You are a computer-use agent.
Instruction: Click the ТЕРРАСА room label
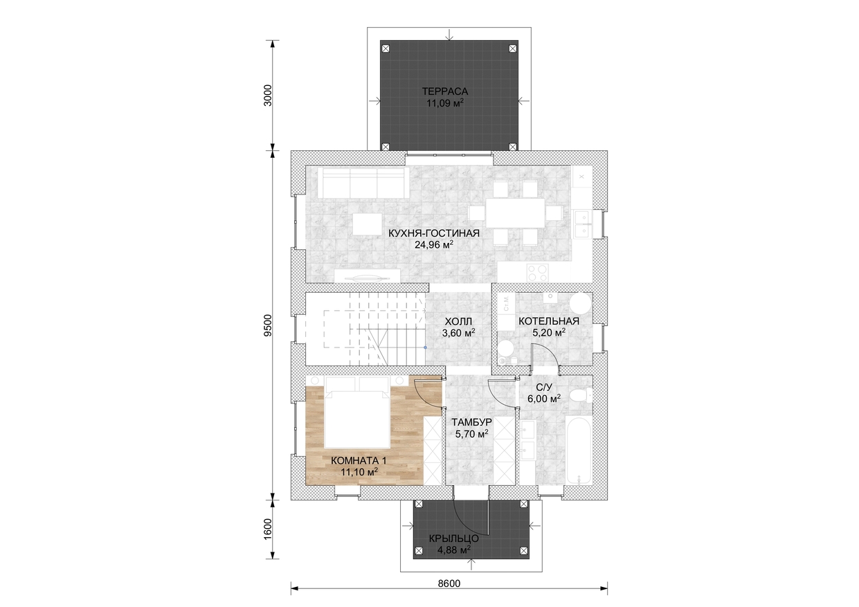coord(445,91)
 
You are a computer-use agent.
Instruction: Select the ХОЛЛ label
coord(458,321)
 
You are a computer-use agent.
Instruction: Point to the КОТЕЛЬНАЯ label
coord(549,321)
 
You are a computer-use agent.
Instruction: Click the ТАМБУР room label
coord(471,422)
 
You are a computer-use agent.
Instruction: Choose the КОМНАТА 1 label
coord(359,460)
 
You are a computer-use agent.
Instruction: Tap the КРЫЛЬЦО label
coord(453,538)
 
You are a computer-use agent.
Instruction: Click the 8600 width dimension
coord(449,583)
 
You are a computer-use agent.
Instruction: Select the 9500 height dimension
coord(268,325)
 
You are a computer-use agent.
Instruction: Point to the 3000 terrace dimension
coord(268,95)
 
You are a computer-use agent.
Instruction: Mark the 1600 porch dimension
coord(268,529)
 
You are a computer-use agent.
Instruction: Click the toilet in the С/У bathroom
coord(581,395)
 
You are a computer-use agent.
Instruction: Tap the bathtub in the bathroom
coord(579,453)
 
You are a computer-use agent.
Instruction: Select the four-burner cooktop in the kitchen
coord(537,273)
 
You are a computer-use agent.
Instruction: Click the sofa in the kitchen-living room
coord(363,182)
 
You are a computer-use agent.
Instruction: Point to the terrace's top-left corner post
coord(386,48)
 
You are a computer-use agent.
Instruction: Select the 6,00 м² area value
coord(544,399)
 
